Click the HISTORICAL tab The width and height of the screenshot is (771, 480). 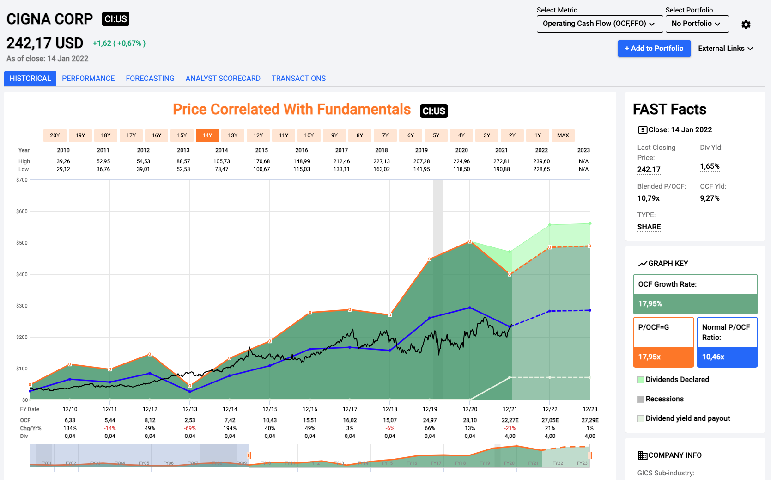pyautogui.click(x=30, y=79)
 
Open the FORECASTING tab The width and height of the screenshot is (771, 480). pyautogui.click(x=150, y=79)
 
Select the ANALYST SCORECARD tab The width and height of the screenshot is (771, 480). pyautogui.click(x=223, y=79)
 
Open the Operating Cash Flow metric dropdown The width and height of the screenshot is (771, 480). pyautogui.click(x=599, y=24)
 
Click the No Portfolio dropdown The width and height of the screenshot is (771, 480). pyautogui.click(x=696, y=24)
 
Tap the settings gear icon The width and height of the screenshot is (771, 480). pyautogui.click(x=746, y=25)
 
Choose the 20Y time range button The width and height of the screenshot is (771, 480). pyautogui.click(x=55, y=135)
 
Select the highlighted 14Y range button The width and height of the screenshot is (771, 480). pyautogui.click(x=207, y=135)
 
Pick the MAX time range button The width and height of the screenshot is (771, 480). pyautogui.click(x=563, y=135)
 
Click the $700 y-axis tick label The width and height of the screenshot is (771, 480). pyautogui.click(x=22, y=180)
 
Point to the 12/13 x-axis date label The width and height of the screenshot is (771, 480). pyautogui.click(x=190, y=409)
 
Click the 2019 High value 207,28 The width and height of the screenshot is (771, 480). pyautogui.click(x=421, y=161)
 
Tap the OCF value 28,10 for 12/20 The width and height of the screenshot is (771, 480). pyautogui.click(x=470, y=420)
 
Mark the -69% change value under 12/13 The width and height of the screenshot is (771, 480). pyautogui.click(x=190, y=428)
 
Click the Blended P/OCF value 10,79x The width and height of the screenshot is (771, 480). pyautogui.click(x=649, y=198)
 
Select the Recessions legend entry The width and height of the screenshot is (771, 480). pyautogui.click(x=664, y=399)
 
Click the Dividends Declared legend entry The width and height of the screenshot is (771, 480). pyautogui.click(x=677, y=380)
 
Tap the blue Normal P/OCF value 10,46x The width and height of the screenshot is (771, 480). pyautogui.click(x=713, y=357)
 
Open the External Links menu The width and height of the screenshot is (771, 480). pyautogui.click(x=725, y=49)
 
